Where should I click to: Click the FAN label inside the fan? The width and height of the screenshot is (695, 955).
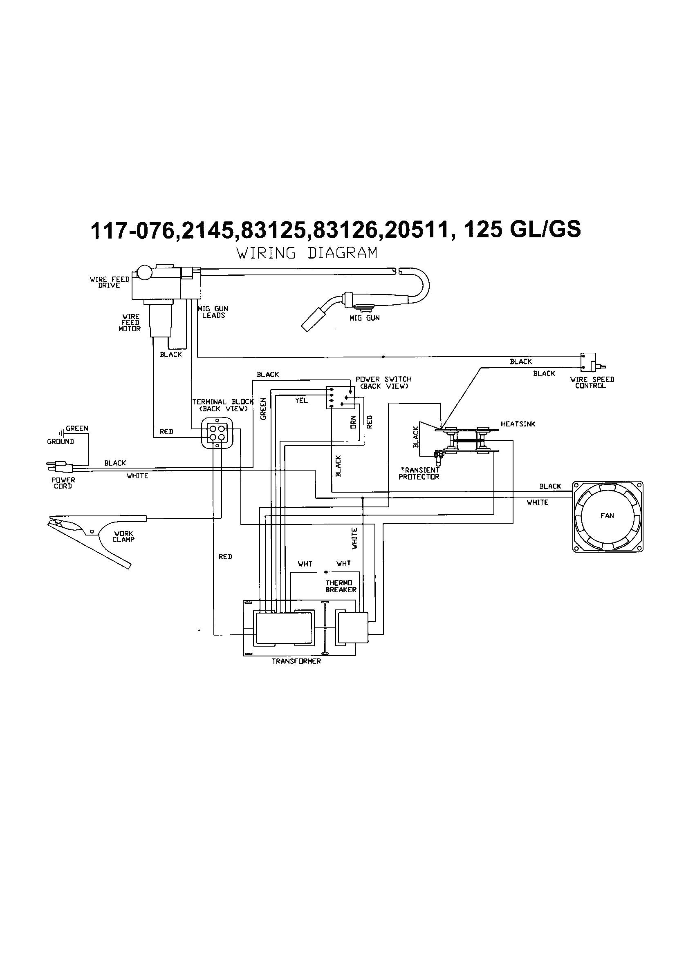(607, 515)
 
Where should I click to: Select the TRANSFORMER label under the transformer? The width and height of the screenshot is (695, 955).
(296, 661)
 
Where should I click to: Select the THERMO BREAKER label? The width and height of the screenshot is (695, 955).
(341, 586)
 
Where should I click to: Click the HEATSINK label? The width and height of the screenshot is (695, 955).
(518, 424)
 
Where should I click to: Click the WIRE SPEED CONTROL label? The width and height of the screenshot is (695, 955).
(592, 382)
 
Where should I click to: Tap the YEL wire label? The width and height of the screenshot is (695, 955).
(301, 400)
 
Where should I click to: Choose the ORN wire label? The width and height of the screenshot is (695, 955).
(353, 422)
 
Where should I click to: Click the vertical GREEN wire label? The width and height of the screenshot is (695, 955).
(263, 409)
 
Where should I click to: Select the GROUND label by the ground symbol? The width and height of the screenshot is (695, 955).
(60, 441)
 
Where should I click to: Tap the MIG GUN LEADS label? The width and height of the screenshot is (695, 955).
(213, 312)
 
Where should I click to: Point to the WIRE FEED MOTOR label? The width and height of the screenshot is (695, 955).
(130, 323)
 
